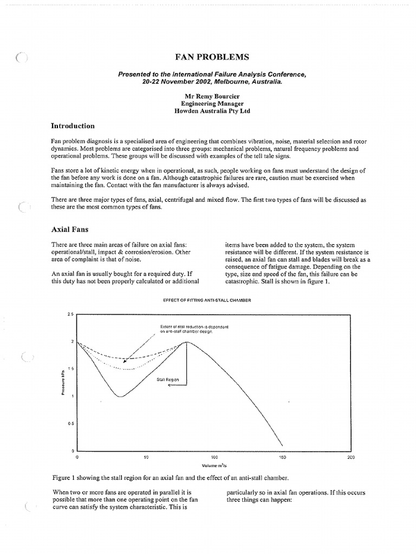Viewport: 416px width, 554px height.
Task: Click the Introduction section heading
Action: click(73, 126)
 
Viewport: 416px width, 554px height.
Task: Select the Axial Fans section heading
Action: click(68, 229)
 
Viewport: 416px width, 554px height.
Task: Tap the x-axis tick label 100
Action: click(214, 458)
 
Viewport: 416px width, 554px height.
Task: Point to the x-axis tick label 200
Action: click(350, 458)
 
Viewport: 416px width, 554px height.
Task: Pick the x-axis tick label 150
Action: click(282, 458)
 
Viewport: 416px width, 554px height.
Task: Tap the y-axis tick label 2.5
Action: click(70, 314)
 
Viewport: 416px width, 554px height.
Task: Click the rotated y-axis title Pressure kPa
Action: click(63, 382)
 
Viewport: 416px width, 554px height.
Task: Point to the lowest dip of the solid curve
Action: click(120, 397)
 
